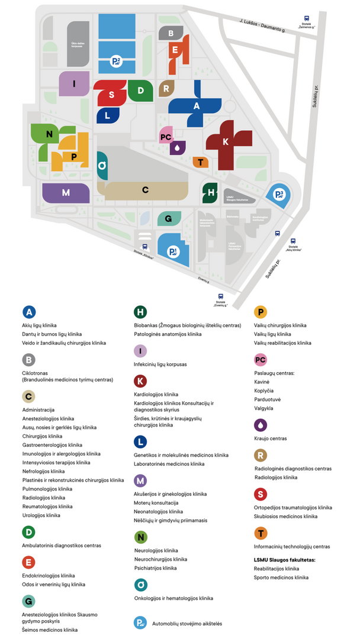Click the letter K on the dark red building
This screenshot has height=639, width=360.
point(225,143)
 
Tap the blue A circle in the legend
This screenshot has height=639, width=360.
point(29,312)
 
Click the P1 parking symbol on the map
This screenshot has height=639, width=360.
point(173,253)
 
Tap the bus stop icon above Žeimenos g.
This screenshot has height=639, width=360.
point(306,18)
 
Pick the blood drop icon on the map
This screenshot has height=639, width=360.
point(177,147)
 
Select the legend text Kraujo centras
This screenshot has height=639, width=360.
point(270,438)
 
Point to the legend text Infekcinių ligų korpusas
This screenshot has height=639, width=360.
point(160,364)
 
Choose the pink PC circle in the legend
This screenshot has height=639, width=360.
point(260,360)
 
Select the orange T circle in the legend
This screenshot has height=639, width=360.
point(260,534)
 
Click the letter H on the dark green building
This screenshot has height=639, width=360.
point(211,192)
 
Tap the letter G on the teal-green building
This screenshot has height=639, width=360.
point(169,219)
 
